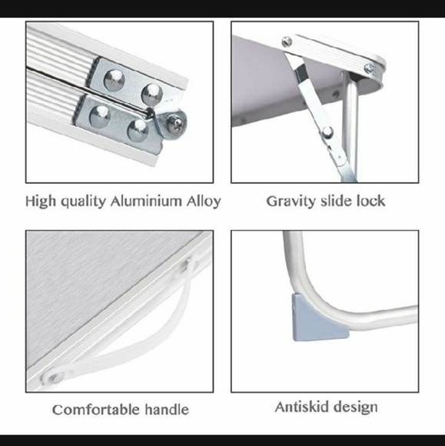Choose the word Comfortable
pyautogui.click(x=96, y=410)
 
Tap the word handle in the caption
pyautogui.click(x=167, y=410)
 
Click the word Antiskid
pyautogui.click(x=302, y=407)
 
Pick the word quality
pyautogui.click(x=84, y=202)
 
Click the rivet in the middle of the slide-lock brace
pyautogui.click(x=327, y=131)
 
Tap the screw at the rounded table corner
pyautogui.click(x=369, y=68)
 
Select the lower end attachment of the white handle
pyautogui.click(x=53, y=378)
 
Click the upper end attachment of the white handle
pyautogui.click(x=191, y=264)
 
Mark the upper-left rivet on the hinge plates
pyautogui.click(x=114, y=80)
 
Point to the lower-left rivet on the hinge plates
pyautogui.click(x=100, y=116)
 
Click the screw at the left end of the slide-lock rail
pyautogui.click(x=287, y=42)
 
